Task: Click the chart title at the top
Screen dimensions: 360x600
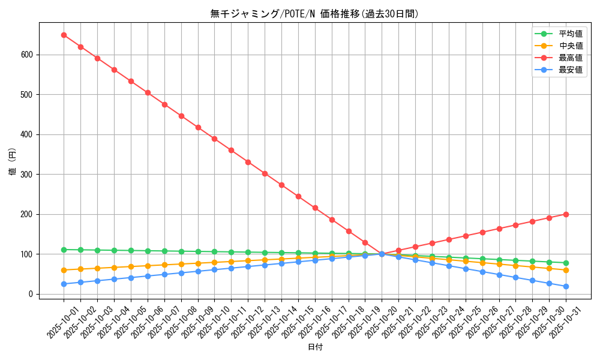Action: click(314, 14)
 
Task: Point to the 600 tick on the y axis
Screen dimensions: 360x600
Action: click(28, 55)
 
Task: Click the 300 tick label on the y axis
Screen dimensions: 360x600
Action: click(28, 175)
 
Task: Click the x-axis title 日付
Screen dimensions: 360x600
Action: click(314, 347)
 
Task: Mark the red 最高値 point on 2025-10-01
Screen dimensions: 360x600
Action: click(64, 35)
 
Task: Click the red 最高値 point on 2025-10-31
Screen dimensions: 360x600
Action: click(566, 214)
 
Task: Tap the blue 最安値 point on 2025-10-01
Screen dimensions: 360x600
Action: click(64, 284)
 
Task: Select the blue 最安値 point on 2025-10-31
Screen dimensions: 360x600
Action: click(566, 286)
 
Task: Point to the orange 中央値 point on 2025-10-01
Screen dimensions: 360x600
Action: click(64, 270)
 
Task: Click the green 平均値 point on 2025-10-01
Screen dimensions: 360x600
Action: click(64, 250)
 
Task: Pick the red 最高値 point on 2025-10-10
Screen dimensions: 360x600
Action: click(214, 139)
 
